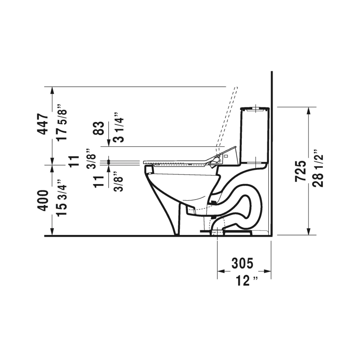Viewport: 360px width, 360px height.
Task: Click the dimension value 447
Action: click(x=43, y=124)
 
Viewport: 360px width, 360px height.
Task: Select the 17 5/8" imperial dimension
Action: click(x=62, y=123)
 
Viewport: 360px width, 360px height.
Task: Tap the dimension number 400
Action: click(x=43, y=200)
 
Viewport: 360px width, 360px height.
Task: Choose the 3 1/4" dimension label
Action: click(x=119, y=127)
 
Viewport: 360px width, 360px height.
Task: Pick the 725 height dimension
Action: click(x=301, y=171)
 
